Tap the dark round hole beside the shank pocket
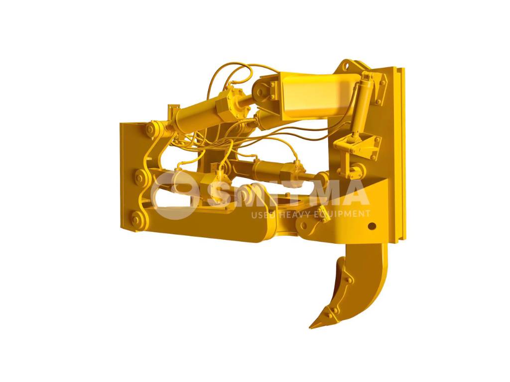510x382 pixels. tap(372, 226)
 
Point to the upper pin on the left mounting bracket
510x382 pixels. tap(150, 130)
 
